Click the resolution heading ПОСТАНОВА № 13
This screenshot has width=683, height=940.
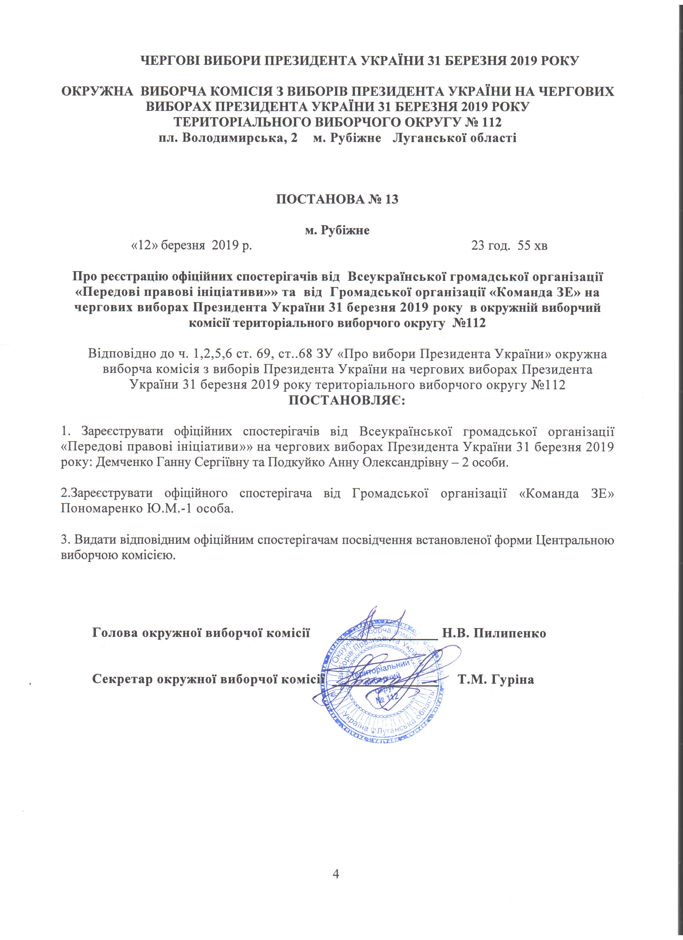point(337,199)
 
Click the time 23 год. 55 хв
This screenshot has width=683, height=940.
point(509,246)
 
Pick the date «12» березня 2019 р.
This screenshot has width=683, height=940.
point(192,246)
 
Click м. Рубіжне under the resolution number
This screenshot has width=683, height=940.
point(337,230)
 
